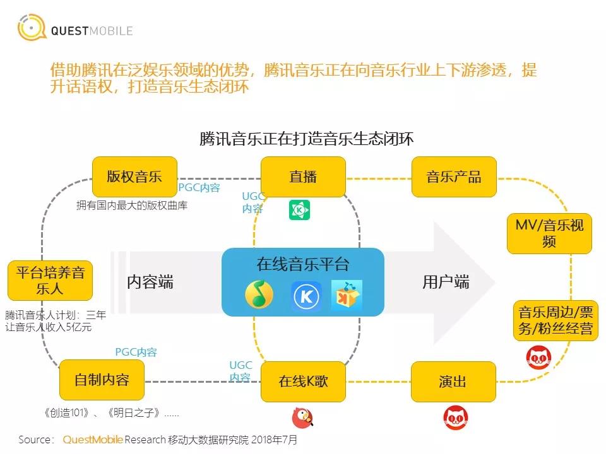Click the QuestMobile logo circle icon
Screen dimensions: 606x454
coord(32,27)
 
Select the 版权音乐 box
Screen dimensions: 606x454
coord(134,177)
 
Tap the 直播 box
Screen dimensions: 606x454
coord(303,177)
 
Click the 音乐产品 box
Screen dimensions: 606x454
coord(454,177)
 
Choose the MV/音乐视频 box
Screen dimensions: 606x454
coord(549,233)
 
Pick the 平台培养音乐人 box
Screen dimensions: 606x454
coord(50,281)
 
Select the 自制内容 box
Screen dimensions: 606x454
coord(102,380)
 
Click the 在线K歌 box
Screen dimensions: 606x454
coord(303,381)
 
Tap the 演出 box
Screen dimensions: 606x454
coord(453,381)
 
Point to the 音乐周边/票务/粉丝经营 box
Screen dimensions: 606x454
coord(555,320)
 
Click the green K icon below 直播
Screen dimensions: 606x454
coord(299,210)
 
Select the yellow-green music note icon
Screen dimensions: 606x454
coord(259,294)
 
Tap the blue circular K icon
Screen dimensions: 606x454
coord(306,296)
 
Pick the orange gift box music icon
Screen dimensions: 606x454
coord(347,296)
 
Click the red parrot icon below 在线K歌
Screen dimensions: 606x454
coord(302,417)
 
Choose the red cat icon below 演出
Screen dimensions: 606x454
coord(456,417)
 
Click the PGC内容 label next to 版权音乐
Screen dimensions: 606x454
coord(199,188)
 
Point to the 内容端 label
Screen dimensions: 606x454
coord(150,282)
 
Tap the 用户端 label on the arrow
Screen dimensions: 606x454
coord(446,282)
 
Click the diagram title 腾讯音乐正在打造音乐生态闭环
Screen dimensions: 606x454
coord(307,139)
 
